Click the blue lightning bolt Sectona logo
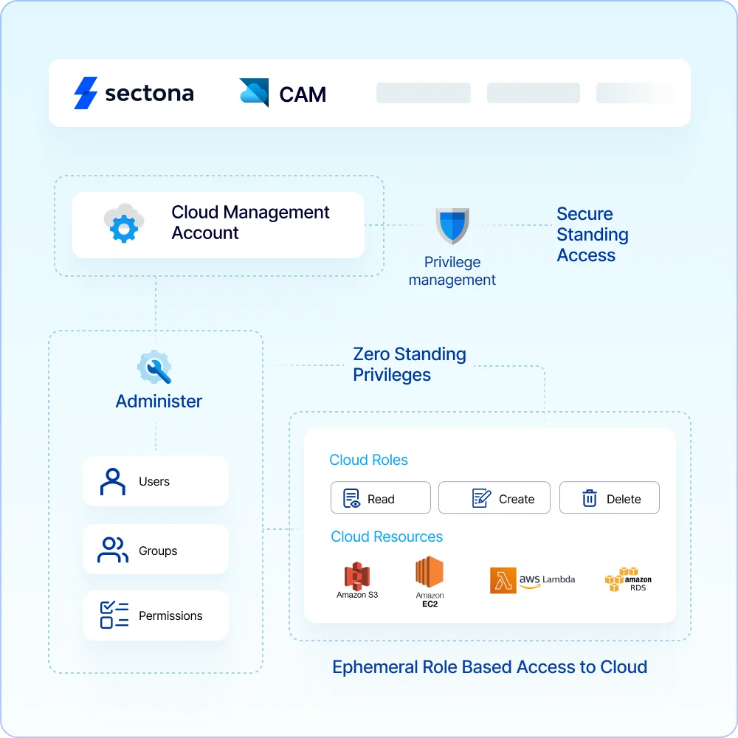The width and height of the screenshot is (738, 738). (86, 93)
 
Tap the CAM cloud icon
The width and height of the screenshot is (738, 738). (254, 93)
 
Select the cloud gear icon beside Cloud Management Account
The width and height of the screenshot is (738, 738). (123, 224)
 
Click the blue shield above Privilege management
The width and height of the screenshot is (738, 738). (452, 225)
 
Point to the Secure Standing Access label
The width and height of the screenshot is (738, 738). (592, 235)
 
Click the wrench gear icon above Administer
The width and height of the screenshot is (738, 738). (155, 367)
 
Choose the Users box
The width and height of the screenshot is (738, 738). (156, 481)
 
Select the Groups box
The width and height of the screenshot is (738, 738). (156, 550)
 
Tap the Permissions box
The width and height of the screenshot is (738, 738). (156, 615)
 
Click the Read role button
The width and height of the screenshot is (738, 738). (380, 498)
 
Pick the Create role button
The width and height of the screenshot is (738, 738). (494, 498)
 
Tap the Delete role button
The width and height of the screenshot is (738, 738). (609, 498)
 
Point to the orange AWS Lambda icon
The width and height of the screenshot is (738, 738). (503, 580)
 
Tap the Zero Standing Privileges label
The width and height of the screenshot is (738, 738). (410, 365)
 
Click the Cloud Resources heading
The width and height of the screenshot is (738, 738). (387, 537)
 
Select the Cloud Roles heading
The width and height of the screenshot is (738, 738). (368, 460)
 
